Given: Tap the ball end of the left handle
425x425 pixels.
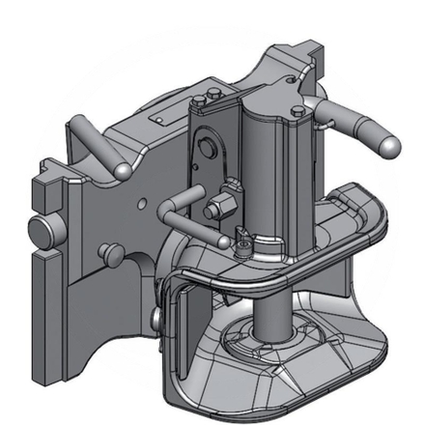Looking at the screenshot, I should [x=123, y=170].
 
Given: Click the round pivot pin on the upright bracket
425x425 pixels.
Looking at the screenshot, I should [x=204, y=149].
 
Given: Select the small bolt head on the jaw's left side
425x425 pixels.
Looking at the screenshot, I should [x=156, y=317].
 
